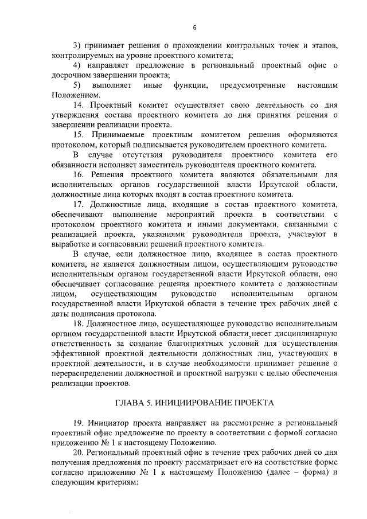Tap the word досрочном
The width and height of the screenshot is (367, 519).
pyautogui.click(x=69, y=75)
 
